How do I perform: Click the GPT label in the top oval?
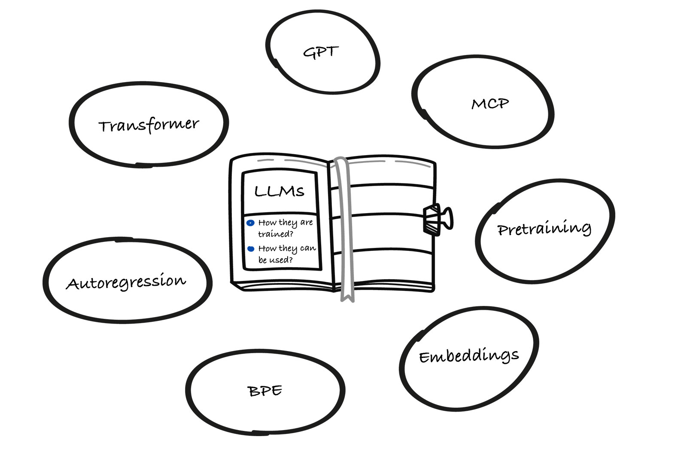pyautogui.click(x=321, y=52)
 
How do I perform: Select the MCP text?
pyautogui.click(x=490, y=104)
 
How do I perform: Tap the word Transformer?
pyautogui.click(x=149, y=125)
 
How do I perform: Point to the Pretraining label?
pyautogui.click(x=544, y=228)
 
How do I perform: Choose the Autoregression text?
pyautogui.click(x=126, y=282)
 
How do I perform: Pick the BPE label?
pyautogui.click(x=265, y=391)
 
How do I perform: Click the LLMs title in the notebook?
pyautogui.click(x=279, y=191)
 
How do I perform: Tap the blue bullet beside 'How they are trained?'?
pyautogui.click(x=251, y=223)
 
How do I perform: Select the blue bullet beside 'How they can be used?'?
pyautogui.click(x=251, y=248)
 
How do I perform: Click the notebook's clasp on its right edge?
pyautogui.click(x=438, y=220)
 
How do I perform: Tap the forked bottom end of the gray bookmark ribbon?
pyautogui.click(x=347, y=296)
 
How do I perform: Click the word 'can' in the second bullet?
pyautogui.click(x=307, y=248)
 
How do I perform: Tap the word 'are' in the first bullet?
pyautogui.click(x=306, y=223)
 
